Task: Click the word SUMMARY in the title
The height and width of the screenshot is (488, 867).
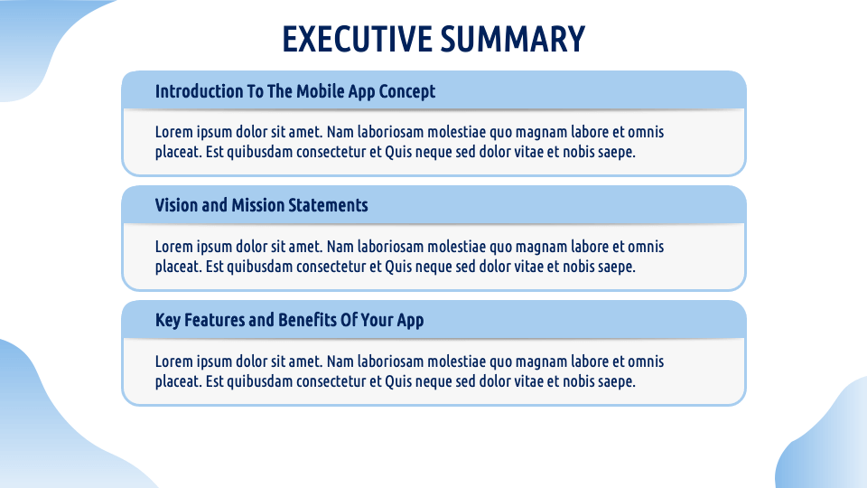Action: (513, 39)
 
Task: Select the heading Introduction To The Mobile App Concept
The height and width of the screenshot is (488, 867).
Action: (295, 92)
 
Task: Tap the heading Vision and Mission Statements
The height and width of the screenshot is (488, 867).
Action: (262, 205)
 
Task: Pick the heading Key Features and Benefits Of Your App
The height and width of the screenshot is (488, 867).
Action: (290, 320)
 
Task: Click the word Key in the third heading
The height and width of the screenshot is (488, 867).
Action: (168, 320)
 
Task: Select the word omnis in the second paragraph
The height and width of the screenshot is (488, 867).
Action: (646, 247)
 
